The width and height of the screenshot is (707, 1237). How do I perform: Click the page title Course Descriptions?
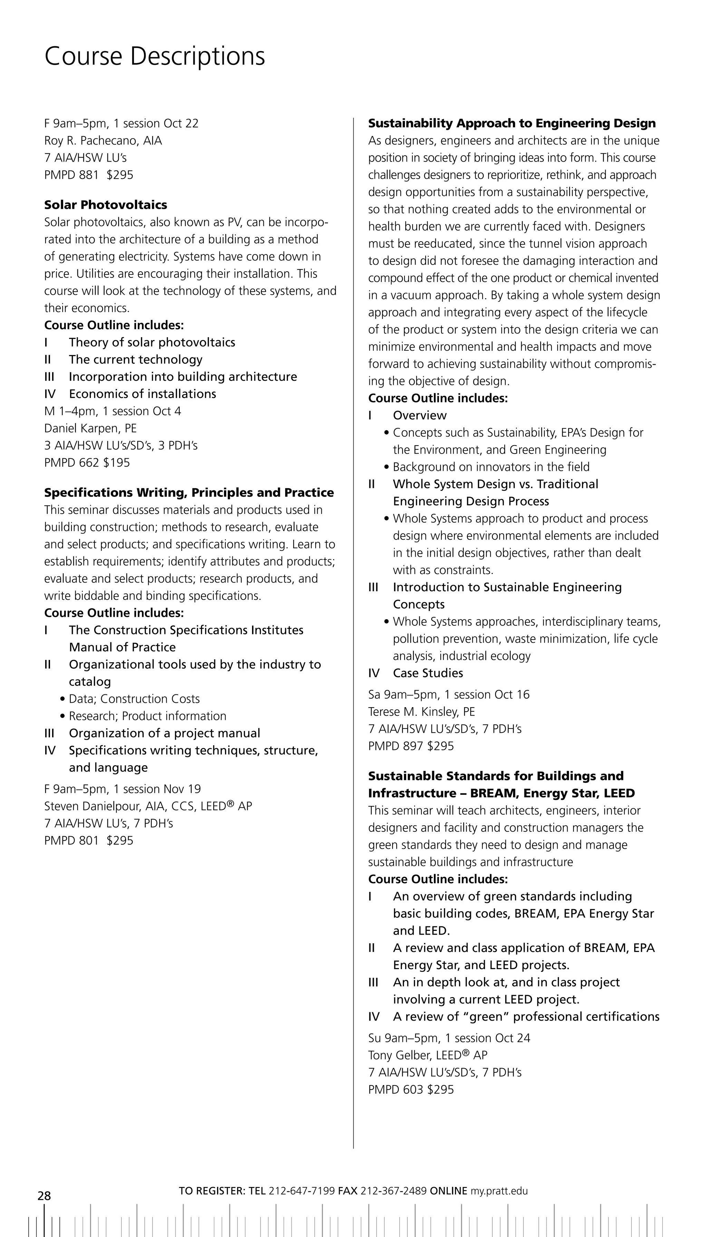coord(154,56)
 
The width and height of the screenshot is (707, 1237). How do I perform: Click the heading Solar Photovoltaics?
coord(105,205)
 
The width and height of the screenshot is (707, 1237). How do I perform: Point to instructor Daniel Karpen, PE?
coord(90,428)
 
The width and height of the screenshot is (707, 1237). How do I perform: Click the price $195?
coord(117,462)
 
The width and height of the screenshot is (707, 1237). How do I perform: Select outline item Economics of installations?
coord(142,394)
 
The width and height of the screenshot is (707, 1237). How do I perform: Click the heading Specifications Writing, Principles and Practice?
coord(189,493)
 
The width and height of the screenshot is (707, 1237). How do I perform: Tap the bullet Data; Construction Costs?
coord(134,699)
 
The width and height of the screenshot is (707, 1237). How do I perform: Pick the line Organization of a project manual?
coord(164,733)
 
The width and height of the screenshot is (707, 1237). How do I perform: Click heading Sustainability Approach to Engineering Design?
coord(512,123)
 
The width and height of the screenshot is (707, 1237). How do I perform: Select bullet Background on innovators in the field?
coord(491,467)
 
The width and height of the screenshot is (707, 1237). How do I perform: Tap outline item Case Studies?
coord(428,673)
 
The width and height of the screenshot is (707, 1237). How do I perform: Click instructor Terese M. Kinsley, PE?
coord(422,712)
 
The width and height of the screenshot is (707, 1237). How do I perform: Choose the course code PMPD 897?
coord(395,746)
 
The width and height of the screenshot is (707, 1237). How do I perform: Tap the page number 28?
coord(44,1196)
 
